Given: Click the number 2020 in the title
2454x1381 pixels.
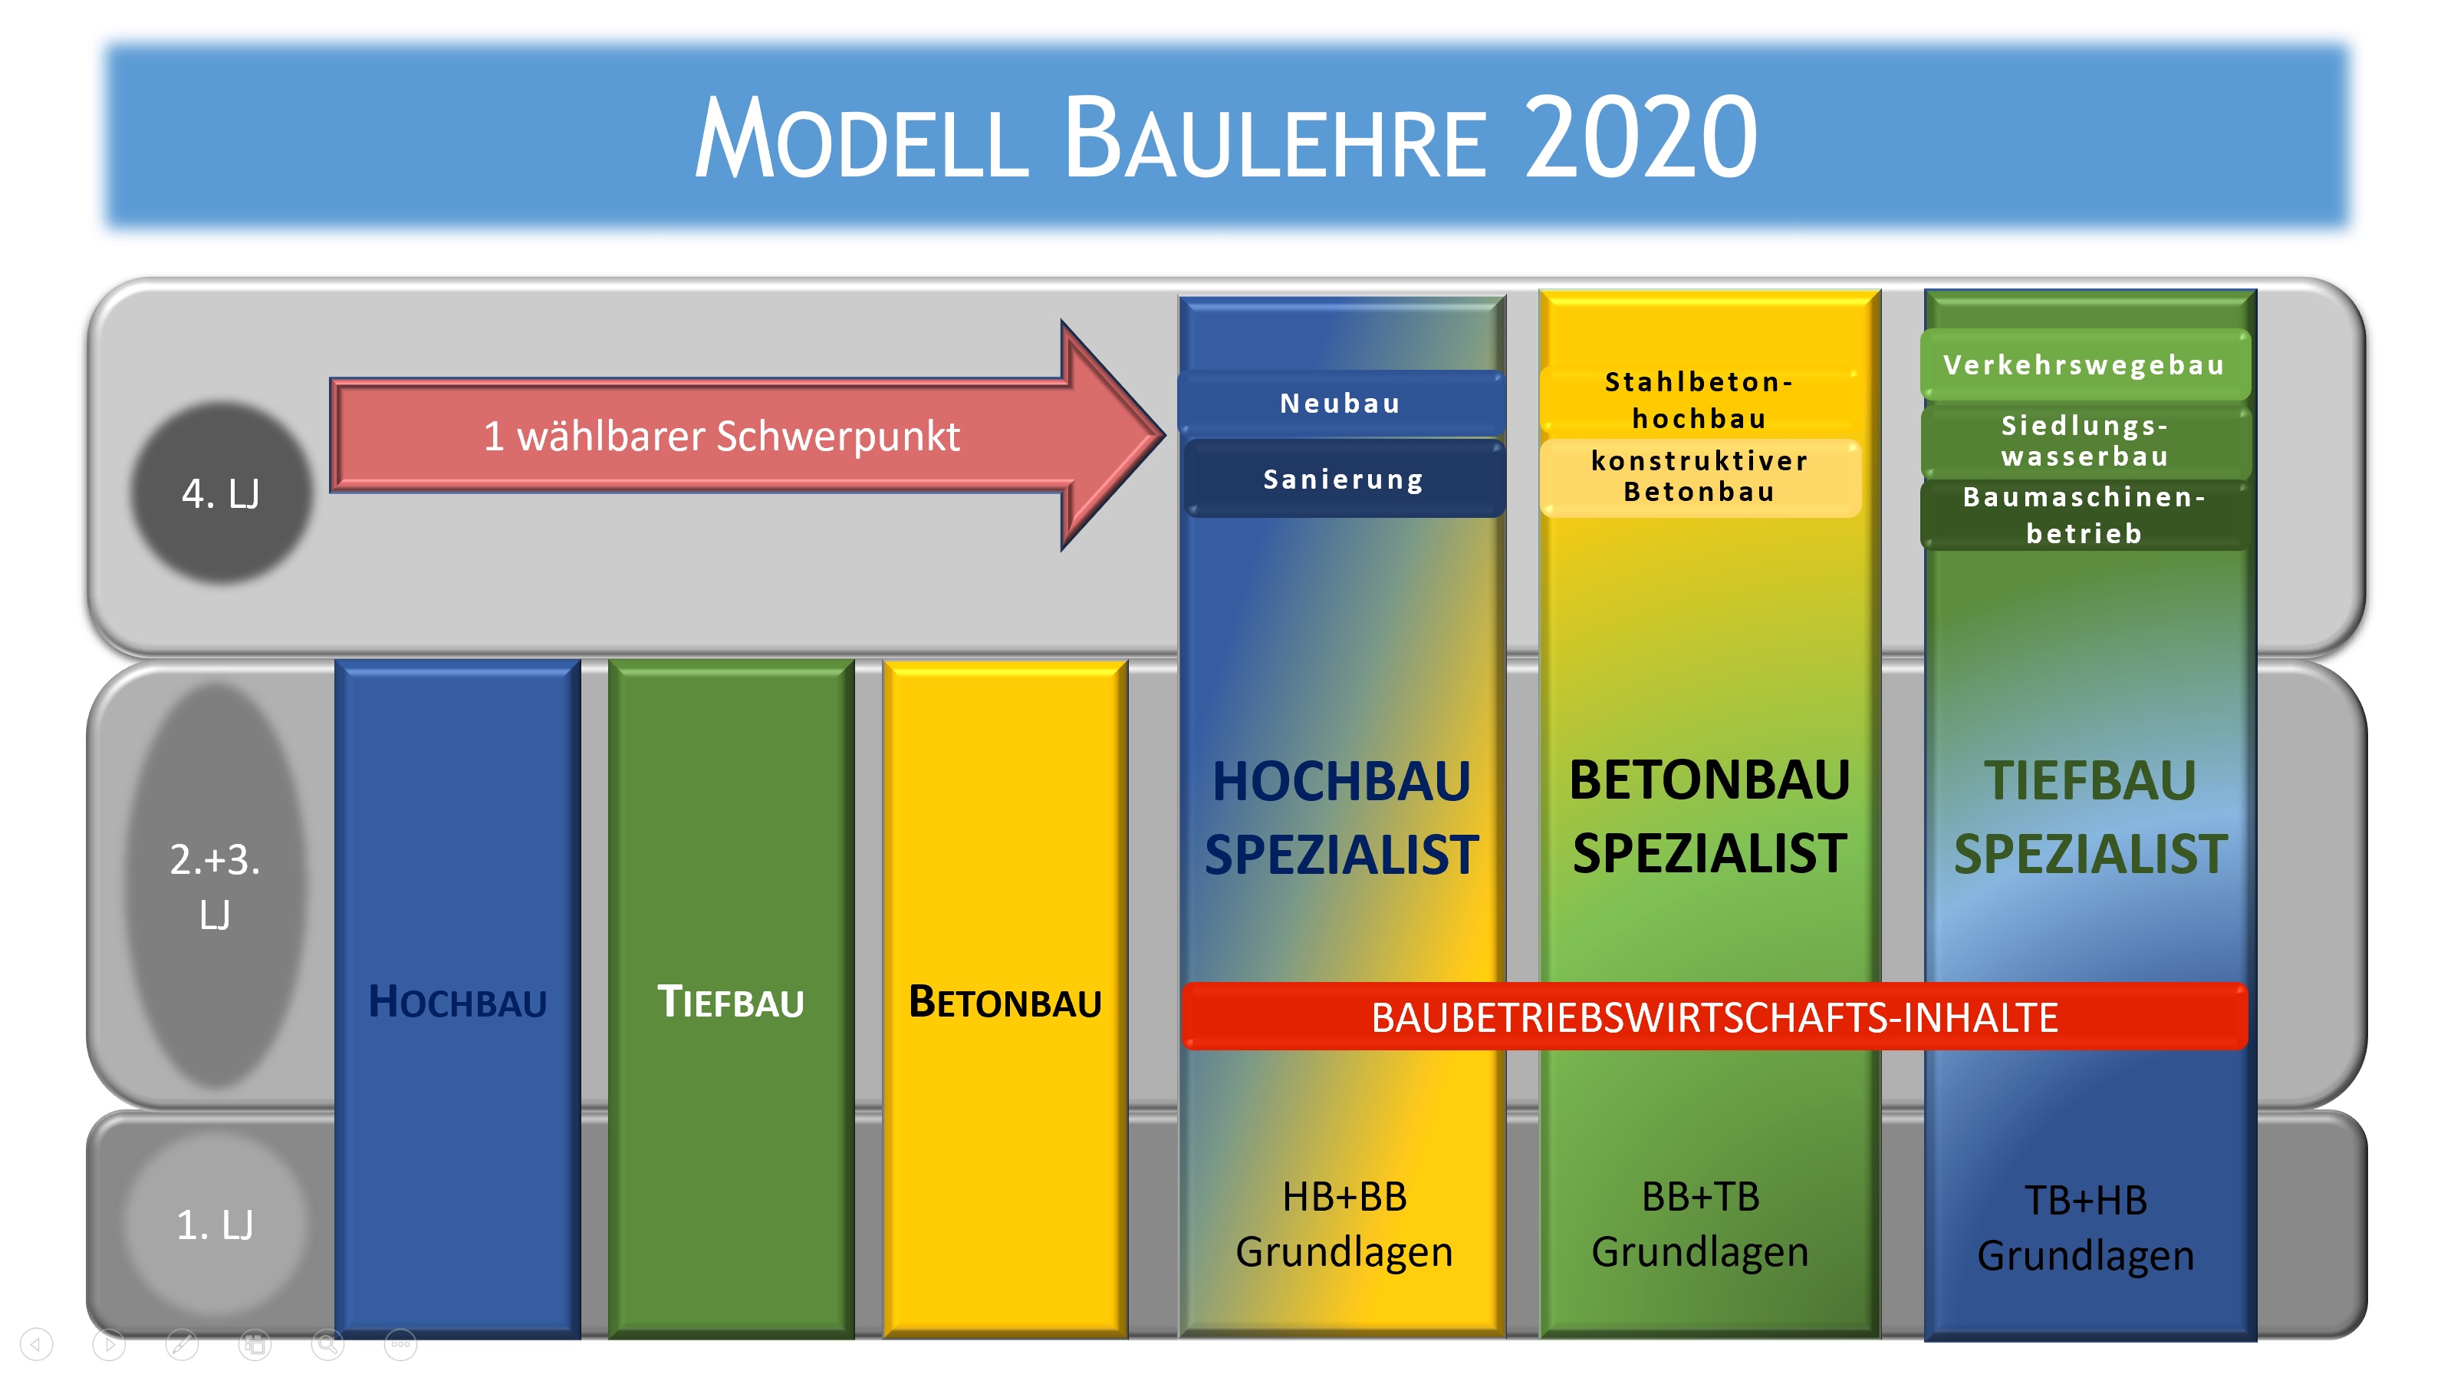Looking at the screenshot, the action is (1640, 138).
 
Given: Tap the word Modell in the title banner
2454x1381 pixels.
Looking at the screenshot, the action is (862, 138).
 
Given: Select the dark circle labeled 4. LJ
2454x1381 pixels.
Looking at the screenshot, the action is (221, 492).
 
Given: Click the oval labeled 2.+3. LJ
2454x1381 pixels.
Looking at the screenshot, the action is (215, 885).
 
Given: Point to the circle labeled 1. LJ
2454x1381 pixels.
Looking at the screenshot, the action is (215, 1224).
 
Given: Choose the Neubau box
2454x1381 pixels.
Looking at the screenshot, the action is (1341, 403).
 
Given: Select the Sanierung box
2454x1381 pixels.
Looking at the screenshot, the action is (1344, 480).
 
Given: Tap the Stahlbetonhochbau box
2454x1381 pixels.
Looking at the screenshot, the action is (1699, 400).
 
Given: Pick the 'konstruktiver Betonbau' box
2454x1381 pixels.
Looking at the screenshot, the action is (1699, 477).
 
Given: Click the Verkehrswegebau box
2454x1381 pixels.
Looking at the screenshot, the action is (2085, 365).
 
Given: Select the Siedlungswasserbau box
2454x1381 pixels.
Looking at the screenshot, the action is (2085, 440).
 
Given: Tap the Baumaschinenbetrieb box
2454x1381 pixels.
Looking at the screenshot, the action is (2085, 516).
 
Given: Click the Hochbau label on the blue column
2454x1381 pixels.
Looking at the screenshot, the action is (457, 1003).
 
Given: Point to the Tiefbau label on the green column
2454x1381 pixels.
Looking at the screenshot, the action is (731, 1003).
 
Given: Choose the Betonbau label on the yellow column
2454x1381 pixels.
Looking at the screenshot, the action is (1005, 1003).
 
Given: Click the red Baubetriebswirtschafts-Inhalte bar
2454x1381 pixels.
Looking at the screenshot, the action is (1714, 1017).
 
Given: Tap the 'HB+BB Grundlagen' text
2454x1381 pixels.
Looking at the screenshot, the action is (1344, 1224).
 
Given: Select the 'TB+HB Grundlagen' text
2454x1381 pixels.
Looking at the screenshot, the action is (2085, 1228).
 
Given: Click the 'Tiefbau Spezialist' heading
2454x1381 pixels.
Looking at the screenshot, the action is (2090, 817).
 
